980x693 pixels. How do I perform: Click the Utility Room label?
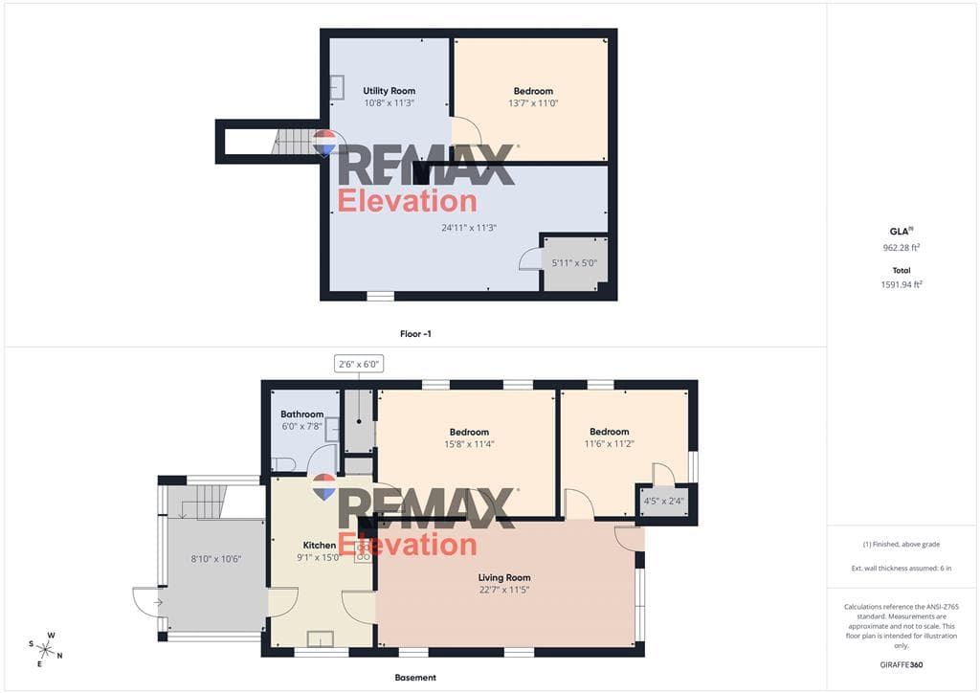tap(389, 91)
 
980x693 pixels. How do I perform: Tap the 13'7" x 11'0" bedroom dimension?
tap(533, 103)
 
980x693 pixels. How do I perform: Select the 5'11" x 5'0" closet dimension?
tap(574, 263)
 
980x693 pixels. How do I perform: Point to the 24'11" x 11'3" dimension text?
tap(469, 228)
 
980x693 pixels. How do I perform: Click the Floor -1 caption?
tap(415, 334)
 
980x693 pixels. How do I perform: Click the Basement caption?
tap(415, 678)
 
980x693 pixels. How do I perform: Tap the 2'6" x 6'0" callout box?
tap(359, 364)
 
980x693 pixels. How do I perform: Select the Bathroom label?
tap(301, 414)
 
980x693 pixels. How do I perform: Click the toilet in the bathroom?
tap(283, 463)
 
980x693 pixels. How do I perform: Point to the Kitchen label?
tap(320, 545)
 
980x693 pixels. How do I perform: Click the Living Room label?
tap(504, 577)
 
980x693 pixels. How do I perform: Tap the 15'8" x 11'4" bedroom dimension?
tap(469, 444)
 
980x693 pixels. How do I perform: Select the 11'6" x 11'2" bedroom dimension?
tap(610, 444)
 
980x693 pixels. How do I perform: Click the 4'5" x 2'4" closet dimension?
tap(664, 501)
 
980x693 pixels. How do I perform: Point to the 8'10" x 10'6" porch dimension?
tap(215, 559)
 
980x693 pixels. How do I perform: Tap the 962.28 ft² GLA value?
tap(902, 248)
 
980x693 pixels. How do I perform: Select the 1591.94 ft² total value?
tap(902, 284)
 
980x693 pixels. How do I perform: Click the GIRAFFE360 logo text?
tap(902, 665)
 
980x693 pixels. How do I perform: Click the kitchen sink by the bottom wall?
tap(320, 639)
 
